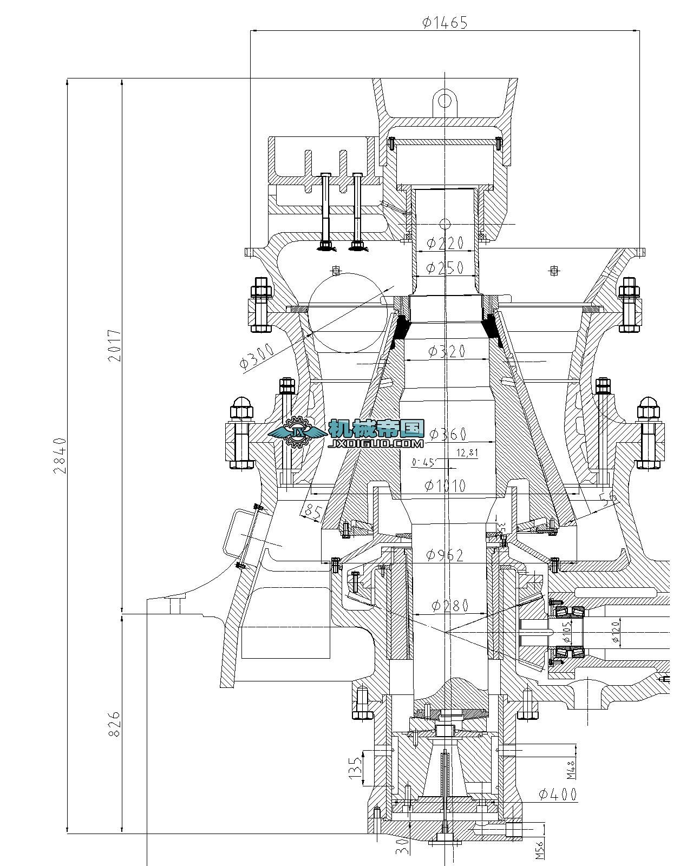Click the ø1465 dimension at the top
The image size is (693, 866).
point(444,22)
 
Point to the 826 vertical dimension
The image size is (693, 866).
point(114,724)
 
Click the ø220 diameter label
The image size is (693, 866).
point(445,243)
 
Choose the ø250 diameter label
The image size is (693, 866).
point(445,267)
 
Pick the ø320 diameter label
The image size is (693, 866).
point(447,351)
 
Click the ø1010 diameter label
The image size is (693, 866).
point(445,486)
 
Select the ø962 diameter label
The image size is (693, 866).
point(445,555)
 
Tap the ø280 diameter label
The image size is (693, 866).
point(449,606)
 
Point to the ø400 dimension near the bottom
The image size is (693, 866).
point(558,795)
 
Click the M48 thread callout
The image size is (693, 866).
point(571,769)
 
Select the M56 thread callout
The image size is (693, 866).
point(540,850)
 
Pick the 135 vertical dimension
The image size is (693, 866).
point(355,768)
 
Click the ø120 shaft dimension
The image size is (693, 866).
point(615,631)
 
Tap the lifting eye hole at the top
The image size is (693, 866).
point(444,101)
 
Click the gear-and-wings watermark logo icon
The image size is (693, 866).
point(297,431)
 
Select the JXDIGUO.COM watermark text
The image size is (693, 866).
point(376,443)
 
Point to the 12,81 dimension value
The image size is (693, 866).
point(467,453)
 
